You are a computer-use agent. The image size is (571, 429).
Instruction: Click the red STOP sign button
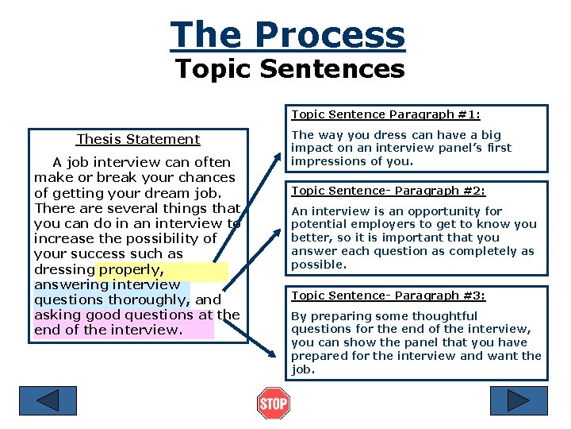pos(274,404)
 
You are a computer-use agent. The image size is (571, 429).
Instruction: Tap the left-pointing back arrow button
pos(48,400)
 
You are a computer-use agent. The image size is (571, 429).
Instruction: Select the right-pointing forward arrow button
pos(519,400)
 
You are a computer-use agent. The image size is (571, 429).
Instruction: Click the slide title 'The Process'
pos(287,35)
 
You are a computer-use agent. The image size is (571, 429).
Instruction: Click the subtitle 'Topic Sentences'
pos(289,69)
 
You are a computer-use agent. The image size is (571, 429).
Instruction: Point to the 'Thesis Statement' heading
pos(138,140)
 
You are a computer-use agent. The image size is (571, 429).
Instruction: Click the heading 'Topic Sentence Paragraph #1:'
pos(385,114)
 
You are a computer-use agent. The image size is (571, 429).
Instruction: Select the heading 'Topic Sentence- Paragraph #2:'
pos(388,191)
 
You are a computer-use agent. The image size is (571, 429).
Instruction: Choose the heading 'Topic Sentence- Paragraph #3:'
pos(388,296)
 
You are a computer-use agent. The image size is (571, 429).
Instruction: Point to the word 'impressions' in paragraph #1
pos(328,161)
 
